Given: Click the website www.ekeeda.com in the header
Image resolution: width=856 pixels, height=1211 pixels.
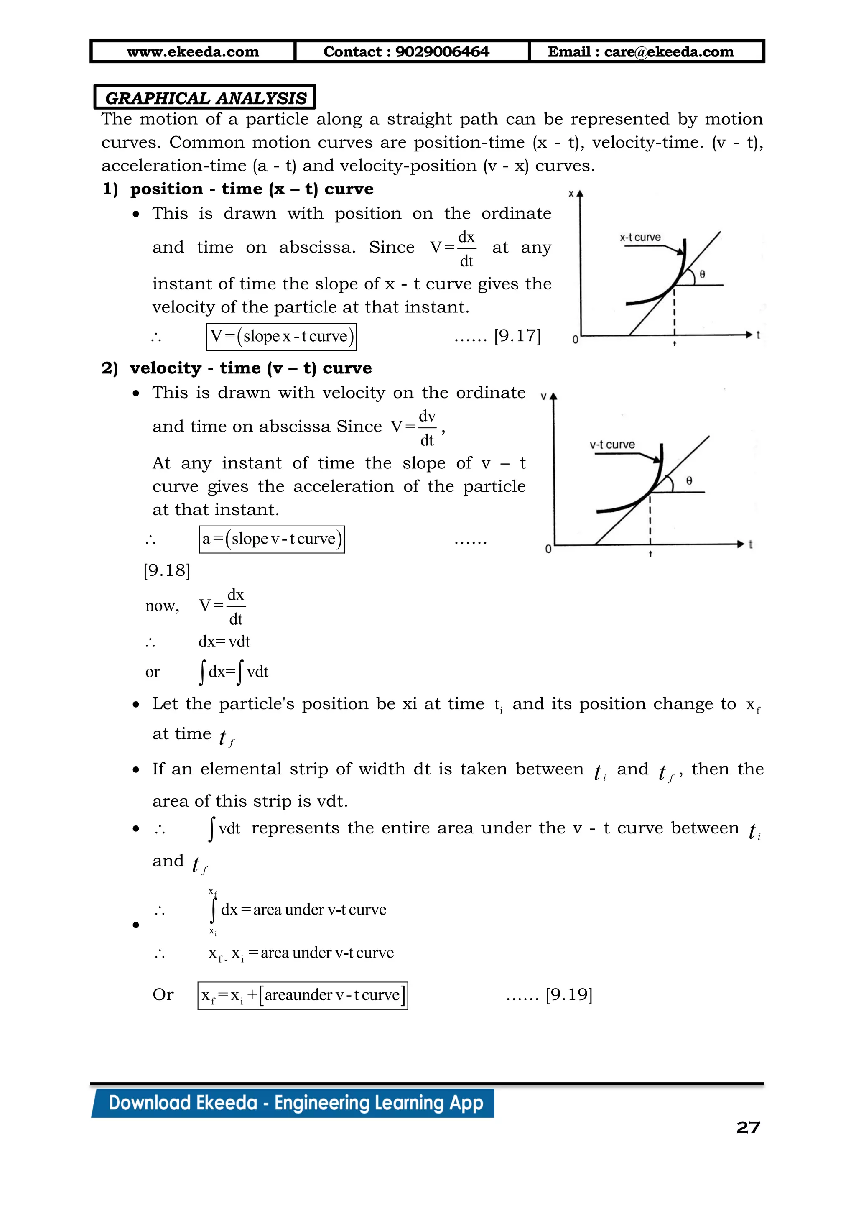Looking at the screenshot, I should tap(193, 52).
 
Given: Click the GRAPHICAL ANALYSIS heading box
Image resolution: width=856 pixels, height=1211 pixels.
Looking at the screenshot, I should tap(205, 97).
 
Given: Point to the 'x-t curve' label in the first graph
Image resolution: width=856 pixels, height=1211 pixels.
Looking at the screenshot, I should tap(640, 238).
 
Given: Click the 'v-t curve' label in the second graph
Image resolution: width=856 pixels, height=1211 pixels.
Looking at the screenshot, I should tap(612, 445).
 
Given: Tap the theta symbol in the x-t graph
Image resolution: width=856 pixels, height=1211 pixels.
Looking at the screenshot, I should tap(703, 274).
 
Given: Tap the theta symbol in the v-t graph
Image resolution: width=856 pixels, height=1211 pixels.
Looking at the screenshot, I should tap(689, 480).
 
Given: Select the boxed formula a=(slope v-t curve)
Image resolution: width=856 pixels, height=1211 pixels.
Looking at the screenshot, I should tap(272, 539).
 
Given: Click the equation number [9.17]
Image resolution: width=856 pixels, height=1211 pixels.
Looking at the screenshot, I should tap(517, 335).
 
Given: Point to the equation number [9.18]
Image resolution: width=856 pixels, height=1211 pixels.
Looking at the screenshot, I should tap(167, 570).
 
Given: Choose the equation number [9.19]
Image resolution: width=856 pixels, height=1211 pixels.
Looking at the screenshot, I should tap(569, 995).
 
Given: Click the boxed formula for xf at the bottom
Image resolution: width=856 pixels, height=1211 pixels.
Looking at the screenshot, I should tap(303, 995).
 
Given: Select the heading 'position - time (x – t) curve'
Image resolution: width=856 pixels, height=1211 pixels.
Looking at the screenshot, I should tap(252, 189).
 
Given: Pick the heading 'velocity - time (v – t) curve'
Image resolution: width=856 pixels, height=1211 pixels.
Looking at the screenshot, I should tap(251, 368).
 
